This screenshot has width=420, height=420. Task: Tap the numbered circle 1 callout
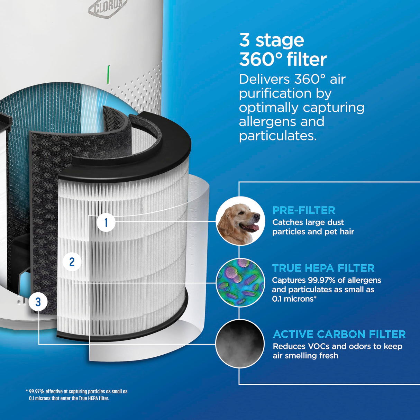pyautogui.click(x=106, y=222)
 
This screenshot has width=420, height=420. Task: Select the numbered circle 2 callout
pyautogui.click(x=72, y=262)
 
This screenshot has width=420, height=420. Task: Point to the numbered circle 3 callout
pyautogui.click(x=38, y=302)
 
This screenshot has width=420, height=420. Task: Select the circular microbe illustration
pyautogui.click(x=240, y=282)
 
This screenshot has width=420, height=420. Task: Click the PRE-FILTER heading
pyautogui.click(x=304, y=210)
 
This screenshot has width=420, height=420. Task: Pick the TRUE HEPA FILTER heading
pyautogui.click(x=323, y=268)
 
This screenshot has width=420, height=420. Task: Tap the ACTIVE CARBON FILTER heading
pyautogui.click(x=339, y=334)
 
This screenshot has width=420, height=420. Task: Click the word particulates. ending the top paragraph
pyautogui.click(x=278, y=136)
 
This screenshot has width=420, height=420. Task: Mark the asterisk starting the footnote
pyautogui.click(x=27, y=391)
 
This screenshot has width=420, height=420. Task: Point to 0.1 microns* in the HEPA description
pyautogui.click(x=294, y=299)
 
